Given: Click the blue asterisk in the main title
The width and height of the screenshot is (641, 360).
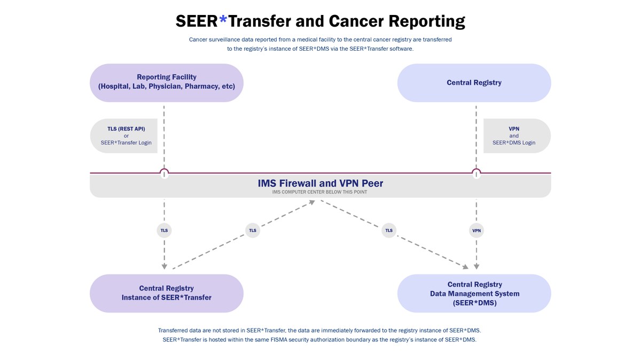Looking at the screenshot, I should [223, 20].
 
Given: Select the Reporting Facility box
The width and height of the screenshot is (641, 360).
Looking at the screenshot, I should [167, 82].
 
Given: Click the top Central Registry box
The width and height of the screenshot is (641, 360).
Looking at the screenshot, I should [474, 82].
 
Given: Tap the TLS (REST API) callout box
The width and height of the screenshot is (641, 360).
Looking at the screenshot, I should [123, 136].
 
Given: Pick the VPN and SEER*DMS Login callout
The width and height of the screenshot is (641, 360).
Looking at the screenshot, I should [516, 136].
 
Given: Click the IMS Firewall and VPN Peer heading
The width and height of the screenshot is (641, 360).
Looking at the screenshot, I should [320, 183].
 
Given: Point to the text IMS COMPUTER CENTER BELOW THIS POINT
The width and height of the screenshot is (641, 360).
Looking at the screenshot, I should [320, 192].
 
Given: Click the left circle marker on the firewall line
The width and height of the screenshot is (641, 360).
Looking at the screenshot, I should [165, 173].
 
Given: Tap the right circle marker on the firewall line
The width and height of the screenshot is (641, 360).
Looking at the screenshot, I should [476, 173].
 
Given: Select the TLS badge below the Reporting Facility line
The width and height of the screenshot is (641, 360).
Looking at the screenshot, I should [165, 231].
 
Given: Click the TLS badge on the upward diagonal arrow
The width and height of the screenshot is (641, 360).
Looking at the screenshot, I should [253, 231].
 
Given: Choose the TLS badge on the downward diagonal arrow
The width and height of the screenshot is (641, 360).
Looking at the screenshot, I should [389, 231].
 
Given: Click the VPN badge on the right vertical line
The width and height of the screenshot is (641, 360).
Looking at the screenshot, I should [476, 231].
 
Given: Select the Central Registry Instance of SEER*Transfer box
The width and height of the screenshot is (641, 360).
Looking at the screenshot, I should [167, 293].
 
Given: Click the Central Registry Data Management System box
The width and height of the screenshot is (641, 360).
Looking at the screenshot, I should [474, 293].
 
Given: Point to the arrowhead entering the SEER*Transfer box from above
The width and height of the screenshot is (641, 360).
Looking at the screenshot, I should [165, 265].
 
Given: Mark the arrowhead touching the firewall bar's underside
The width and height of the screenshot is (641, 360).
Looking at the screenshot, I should [313, 202].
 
